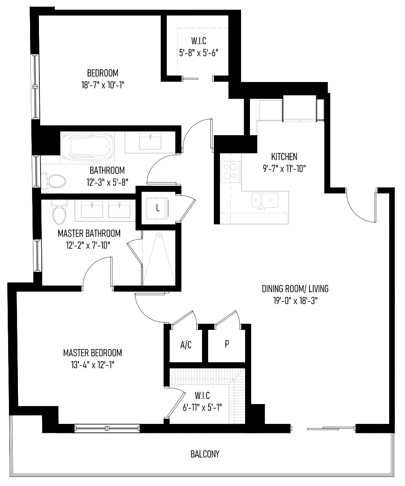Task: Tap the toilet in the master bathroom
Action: point(59,211)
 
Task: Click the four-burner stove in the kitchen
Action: point(231,172)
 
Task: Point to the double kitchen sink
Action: point(265,200)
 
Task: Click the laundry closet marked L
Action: point(157,208)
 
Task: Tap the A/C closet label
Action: point(186,345)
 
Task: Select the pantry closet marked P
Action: point(227,344)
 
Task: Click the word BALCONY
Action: point(205,454)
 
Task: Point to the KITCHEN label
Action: point(284,157)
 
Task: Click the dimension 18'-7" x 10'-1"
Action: point(103,85)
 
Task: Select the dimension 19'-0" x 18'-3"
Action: point(295,301)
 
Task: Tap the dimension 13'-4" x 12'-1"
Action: point(93,365)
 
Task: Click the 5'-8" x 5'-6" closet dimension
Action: point(198,53)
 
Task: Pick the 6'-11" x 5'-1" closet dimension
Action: point(202,407)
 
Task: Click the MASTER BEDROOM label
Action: point(93,353)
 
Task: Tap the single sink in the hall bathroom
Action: point(151,141)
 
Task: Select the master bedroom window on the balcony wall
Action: point(107,428)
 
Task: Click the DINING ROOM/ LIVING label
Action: point(295,289)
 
